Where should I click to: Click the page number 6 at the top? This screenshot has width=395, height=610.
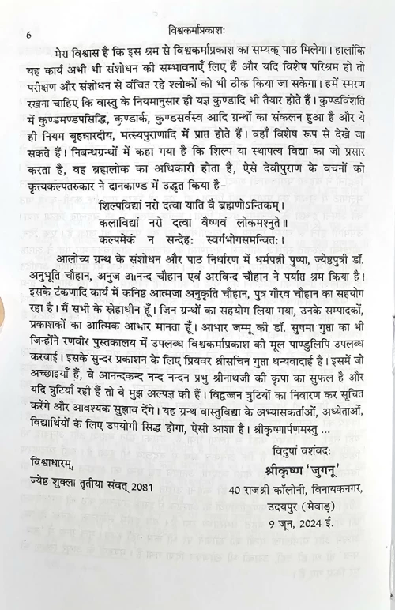28,34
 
